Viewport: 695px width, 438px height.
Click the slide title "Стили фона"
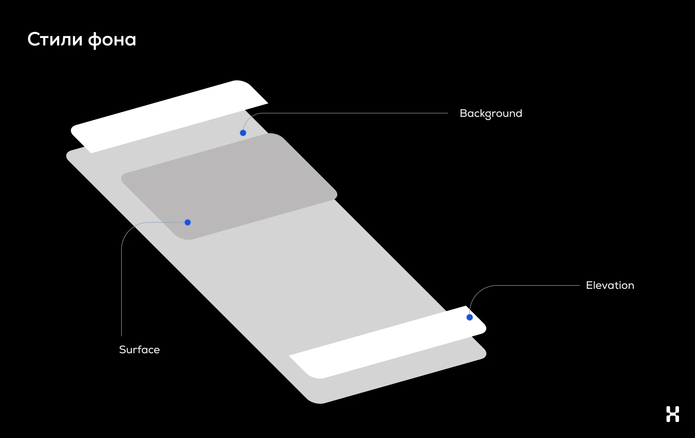pyautogui.click(x=81, y=40)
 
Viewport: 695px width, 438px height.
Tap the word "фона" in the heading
pyautogui.click(x=112, y=40)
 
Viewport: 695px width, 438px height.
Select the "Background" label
pyautogui.click(x=491, y=114)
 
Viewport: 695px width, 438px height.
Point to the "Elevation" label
pyautogui.click(x=610, y=285)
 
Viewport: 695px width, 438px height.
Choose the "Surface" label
pyautogui.click(x=139, y=350)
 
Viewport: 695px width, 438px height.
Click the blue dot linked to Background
pyautogui.click(x=243, y=133)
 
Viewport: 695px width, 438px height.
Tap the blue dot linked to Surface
pyautogui.click(x=188, y=222)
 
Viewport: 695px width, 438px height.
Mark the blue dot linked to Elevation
pyautogui.click(x=470, y=317)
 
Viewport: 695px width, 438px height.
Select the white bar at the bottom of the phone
pyautogui.click(x=387, y=342)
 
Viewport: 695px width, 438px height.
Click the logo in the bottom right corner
pyautogui.click(x=673, y=414)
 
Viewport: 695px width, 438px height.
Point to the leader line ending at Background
pyautogui.click(x=353, y=113)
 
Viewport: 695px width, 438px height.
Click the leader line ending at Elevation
pyautogui.click(x=536, y=285)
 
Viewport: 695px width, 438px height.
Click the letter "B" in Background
pyautogui.click(x=464, y=113)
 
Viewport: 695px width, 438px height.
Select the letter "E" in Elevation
pyautogui.click(x=589, y=285)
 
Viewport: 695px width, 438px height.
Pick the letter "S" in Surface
pyautogui.click(x=123, y=350)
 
